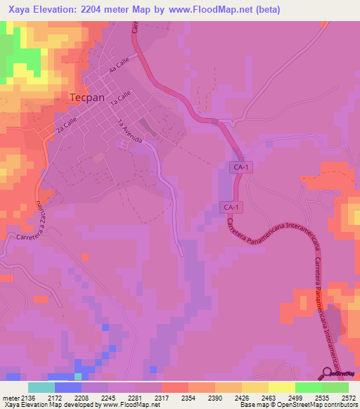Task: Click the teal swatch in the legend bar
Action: (41, 387)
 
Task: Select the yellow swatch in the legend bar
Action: (281, 387)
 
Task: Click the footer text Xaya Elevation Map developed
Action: (56, 405)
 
